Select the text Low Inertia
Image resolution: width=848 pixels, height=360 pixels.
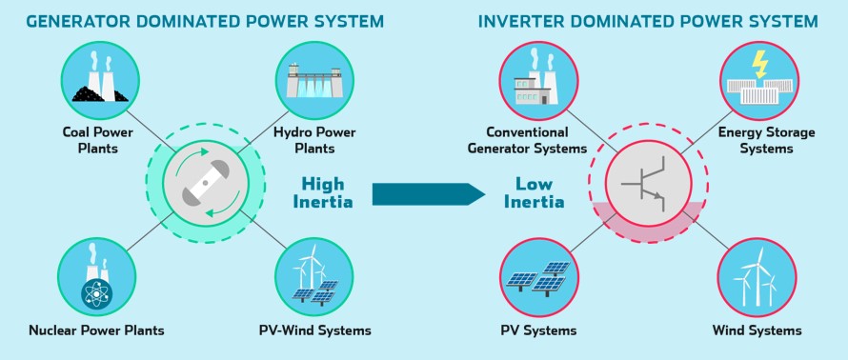coord(539,192)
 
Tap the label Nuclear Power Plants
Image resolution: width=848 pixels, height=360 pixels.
coord(96,330)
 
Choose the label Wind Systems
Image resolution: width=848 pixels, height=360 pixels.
coord(757,330)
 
